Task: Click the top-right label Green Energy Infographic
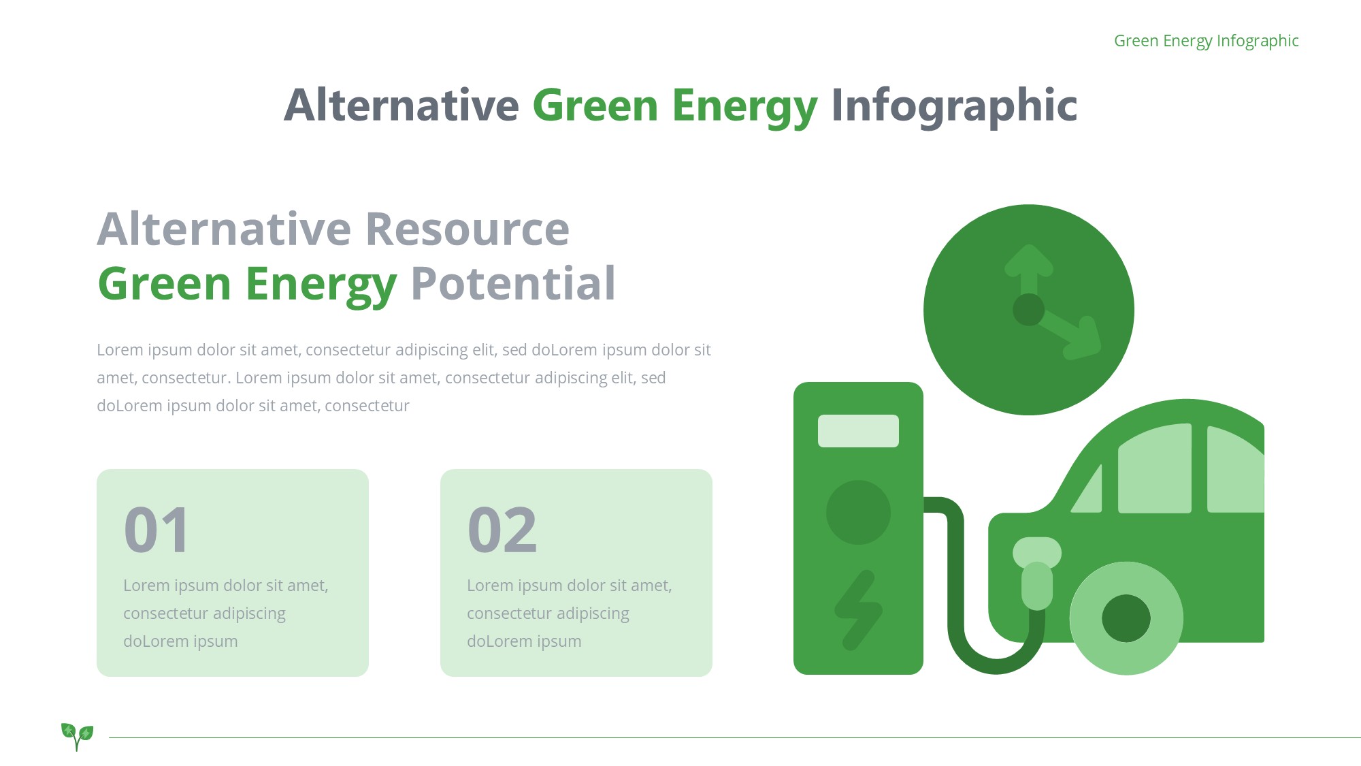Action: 1206,42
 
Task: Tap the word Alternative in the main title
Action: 401,106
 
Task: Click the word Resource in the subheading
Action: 468,229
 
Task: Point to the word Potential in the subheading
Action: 513,283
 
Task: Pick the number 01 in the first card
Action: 157,530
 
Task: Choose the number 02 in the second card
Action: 502,530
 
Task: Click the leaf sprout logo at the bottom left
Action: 77,736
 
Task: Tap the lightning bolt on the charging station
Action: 858,610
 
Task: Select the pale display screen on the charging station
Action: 858,431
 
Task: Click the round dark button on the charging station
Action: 858,513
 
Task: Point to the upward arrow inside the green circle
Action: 1029,272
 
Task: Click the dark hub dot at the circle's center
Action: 1028,310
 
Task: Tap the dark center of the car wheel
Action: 1126,618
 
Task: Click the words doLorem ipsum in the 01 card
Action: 180,641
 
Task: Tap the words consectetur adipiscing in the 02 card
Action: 548,613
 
